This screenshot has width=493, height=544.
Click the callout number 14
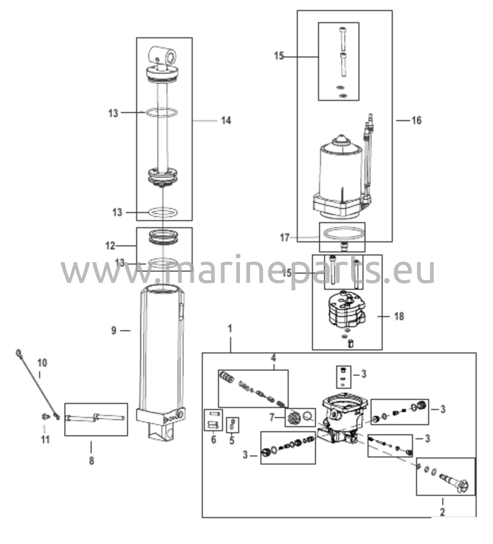226,121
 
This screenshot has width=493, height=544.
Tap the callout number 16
416,120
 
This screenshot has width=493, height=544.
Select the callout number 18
399,316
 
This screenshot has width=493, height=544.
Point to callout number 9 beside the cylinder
114,330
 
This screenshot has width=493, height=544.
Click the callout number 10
42,363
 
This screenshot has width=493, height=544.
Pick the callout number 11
45,440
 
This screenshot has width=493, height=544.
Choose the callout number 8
91,461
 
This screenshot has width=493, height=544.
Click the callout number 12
110,246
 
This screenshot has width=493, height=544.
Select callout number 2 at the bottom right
442,512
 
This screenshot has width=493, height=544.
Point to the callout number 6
214,440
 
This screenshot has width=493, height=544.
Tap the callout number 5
232,440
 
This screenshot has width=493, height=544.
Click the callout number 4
274,358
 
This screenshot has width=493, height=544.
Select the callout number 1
230,329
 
